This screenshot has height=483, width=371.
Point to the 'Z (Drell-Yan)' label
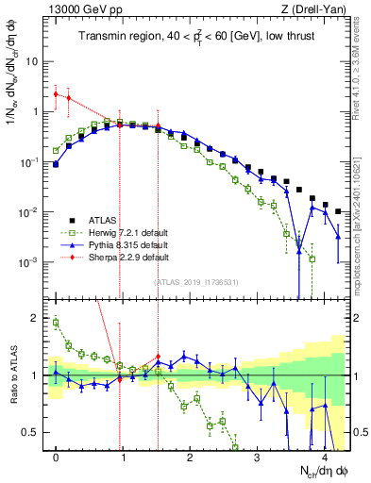pyautogui.click(x=318, y=9)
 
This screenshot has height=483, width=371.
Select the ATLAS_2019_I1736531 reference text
pyautogui.click(x=197, y=281)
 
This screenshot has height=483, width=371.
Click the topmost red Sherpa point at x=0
pyautogui.click(x=56, y=94)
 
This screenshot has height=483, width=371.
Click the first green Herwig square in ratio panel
pyautogui.click(x=56, y=323)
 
